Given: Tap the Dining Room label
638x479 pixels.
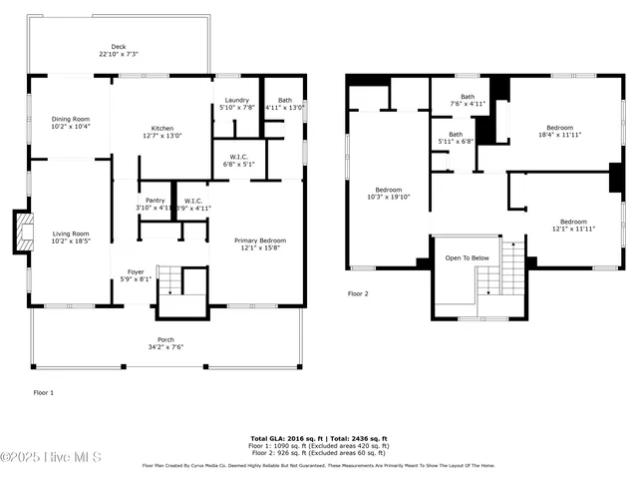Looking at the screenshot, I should coord(70,122).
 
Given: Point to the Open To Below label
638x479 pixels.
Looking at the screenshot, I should coord(467,257).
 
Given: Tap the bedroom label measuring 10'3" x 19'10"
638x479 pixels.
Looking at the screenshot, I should coord(388,193).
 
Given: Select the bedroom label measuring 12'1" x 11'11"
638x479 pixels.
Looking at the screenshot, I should coord(572,225).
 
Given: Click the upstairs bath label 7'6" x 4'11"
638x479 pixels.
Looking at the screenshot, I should coord(467,100).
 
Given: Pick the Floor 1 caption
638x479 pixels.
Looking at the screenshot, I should coord(44,392).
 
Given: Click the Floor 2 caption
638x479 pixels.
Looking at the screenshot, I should coord(358,294).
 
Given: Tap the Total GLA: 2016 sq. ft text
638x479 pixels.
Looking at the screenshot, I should coord(284,438).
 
